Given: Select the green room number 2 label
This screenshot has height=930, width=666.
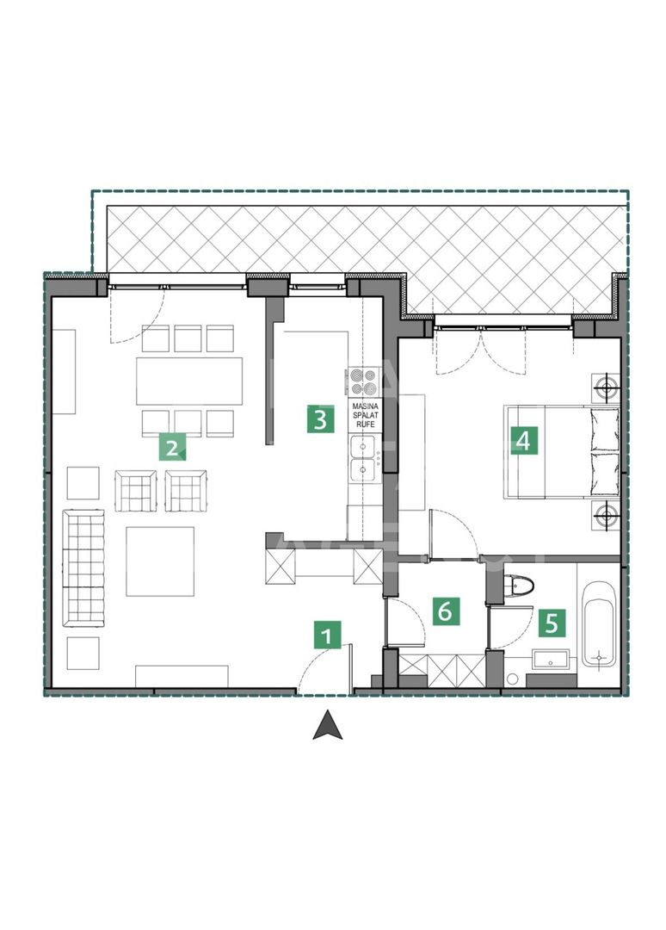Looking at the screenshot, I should click(x=171, y=446).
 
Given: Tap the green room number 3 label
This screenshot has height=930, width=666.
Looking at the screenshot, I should click(x=319, y=420).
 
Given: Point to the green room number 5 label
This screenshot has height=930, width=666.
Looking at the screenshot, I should click(x=552, y=620).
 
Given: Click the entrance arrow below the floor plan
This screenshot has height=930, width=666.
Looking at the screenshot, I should click(x=327, y=725).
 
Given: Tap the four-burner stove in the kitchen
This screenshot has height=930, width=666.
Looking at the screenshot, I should click(x=361, y=381).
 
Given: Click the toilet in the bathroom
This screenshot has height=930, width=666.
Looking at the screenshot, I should click(x=519, y=586).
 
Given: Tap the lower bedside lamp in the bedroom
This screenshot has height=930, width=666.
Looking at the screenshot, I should click(x=607, y=517).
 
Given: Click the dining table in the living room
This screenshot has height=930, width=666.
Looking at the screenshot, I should click(x=189, y=381).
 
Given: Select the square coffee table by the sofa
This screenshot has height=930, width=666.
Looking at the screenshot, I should click(x=160, y=561).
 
